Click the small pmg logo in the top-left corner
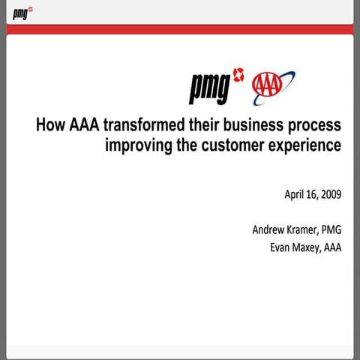tap(22, 12)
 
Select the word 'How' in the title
tap(50, 124)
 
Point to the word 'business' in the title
tap(258, 124)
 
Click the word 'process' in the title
tap(316, 125)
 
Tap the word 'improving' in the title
tap(137, 145)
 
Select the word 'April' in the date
tap(295, 195)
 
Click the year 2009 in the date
tap(330, 195)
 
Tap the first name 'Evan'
tap(282, 247)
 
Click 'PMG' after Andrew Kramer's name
tap(331, 230)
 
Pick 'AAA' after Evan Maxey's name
tap(332, 247)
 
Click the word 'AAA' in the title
tap(82, 124)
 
